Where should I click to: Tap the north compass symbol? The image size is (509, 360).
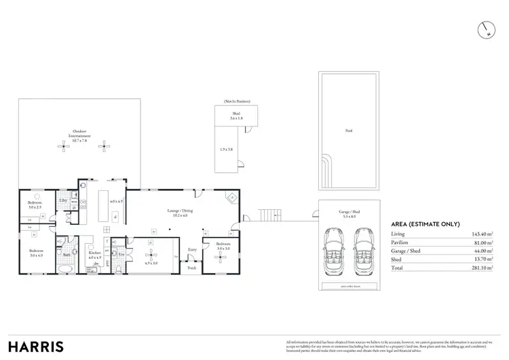coord(487,29)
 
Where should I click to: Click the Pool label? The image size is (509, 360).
coord(349,130)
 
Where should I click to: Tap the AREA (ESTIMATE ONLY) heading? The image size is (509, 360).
coord(426,224)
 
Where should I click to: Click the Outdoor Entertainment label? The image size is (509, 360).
coord(82,134)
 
